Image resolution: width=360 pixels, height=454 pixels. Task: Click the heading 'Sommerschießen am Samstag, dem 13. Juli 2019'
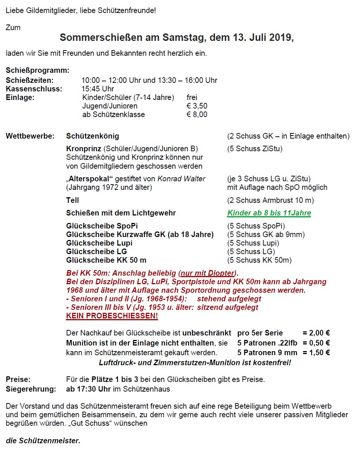coord(177,38)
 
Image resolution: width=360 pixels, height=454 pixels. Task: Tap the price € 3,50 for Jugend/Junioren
coord(197,106)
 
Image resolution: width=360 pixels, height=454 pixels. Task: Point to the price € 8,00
coord(197,114)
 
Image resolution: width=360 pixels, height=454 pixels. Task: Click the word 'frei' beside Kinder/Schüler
coord(192,97)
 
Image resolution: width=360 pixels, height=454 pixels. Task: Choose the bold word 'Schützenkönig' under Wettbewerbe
coord(93,136)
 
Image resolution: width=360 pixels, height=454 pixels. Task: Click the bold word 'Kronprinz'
coord(84,149)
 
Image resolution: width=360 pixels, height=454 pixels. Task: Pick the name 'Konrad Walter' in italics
coord(181,179)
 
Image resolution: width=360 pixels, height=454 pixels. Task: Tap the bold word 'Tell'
coord(73,200)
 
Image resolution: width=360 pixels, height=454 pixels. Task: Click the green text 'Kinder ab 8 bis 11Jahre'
coord(269,213)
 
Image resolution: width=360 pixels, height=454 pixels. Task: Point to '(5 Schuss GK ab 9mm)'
coord(266,234)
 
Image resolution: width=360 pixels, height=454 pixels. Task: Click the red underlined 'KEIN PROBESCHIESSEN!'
coord(112,316)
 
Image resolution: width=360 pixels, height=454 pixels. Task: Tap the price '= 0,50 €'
coord(316,343)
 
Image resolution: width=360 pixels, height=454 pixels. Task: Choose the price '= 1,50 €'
coord(316,352)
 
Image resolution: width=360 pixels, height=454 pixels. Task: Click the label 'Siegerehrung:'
coord(31,389)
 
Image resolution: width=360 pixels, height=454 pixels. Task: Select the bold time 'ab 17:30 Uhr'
coord(87,389)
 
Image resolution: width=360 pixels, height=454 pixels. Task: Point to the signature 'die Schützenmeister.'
coord(43,441)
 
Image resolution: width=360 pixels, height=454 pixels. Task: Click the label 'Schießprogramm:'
coord(38,71)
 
